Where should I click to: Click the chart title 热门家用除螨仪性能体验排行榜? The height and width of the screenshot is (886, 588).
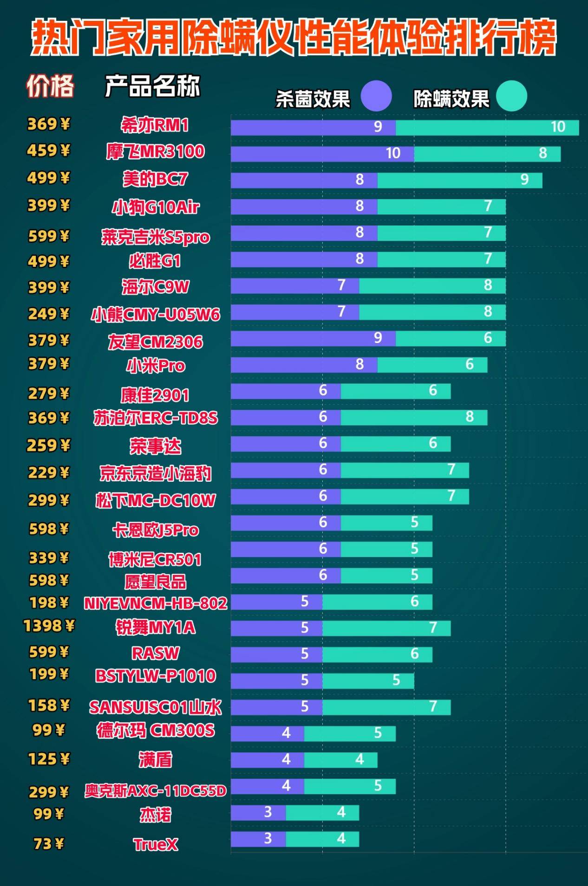pyautogui.click(x=294, y=37)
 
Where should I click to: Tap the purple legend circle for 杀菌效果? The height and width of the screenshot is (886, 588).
pyautogui.click(x=376, y=96)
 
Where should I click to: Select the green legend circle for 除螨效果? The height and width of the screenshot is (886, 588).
pyautogui.click(x=511, y=96)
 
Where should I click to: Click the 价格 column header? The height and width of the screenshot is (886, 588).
pyautogui.click(x=50, y=86)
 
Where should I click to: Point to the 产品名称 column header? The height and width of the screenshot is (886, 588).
pyautogui.click(x=152, y=86)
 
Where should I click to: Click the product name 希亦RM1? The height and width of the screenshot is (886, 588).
pyautogui.click(x=155, y=125)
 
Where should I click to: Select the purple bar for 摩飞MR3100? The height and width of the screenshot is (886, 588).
pyautogui.click(x=322, y=154)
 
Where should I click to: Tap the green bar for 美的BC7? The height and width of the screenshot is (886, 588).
pyautogui.click(x=459, y=180)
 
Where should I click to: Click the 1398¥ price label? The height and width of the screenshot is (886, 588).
pyautogui.click(x=49, y=626)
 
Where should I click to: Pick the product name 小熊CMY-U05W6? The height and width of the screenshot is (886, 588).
pyautogui.click(x=155, y=314)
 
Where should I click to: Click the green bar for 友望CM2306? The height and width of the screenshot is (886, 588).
pyautogui.click(x=450, y=338)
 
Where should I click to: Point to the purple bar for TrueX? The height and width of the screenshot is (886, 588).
pyautogui.click(x=258, y=839)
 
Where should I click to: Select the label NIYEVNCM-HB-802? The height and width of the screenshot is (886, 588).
pyautogui.click(x=155, y=603)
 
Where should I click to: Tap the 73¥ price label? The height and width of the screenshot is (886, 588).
pyautogui.click(x=49, y=843)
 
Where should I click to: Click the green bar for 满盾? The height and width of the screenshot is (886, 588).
pyautogui.click(x=340, y=760)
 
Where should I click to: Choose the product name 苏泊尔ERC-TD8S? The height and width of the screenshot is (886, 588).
pyautogui.click(x=155, y=418)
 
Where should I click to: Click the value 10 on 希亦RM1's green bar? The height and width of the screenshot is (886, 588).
pyautogui.click(x=557, y=127)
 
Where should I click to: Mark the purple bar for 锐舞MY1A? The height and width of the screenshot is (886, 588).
pyautogui.click(x=276, y=628)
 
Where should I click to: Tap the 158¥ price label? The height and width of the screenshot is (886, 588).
pyautogui.click(x=49, y=705)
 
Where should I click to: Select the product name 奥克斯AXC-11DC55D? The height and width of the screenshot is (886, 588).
pyautogui.click(x=155, y=790)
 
